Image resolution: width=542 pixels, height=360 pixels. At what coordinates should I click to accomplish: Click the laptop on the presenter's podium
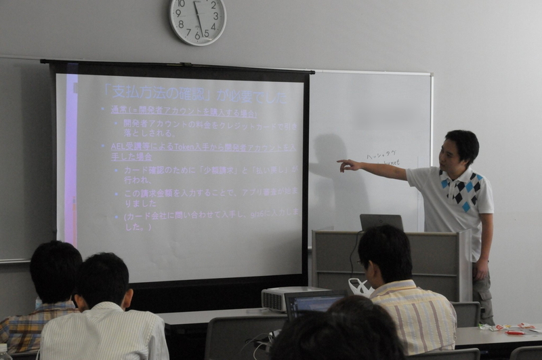click(x=381, y=222)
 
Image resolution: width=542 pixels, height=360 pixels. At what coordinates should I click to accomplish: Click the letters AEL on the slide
click(x=119, y=146)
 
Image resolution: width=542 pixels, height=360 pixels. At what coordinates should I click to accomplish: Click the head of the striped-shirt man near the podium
click(x=385, y=252)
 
